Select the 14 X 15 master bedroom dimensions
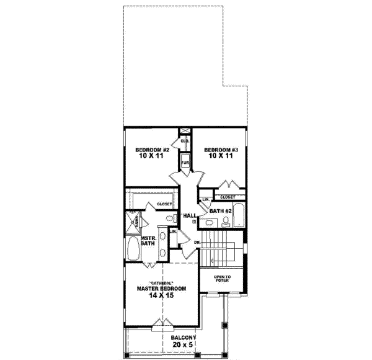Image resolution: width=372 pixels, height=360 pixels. tap(161, 296)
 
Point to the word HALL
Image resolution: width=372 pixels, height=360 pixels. tap(189, 215)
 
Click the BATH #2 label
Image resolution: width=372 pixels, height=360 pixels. tap(219, 211)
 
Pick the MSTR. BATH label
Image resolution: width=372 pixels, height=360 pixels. tap(147, 241)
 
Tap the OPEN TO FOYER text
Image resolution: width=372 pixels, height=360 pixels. tap(222, 279)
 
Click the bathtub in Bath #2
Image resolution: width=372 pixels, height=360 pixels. tap(242, 214)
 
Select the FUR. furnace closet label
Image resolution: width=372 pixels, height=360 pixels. tap(185, 163)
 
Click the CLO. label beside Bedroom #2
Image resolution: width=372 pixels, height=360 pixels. tap(185, 142)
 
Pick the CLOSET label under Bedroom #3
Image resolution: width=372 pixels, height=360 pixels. tap(228, 197)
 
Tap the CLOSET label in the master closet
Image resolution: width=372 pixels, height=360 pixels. tap(164, 204)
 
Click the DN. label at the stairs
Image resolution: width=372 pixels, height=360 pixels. tap(197, 242)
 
